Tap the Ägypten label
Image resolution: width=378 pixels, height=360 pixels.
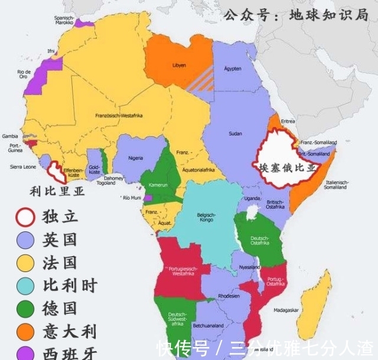233,69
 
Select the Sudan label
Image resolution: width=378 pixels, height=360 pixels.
234,133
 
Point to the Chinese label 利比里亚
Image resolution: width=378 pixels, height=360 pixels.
57,191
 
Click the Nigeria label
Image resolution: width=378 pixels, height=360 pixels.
136,158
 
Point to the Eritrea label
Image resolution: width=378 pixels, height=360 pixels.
288,121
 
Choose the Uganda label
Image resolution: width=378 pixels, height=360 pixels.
252,198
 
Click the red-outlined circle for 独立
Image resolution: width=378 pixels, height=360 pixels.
25,216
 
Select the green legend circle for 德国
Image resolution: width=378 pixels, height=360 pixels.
25,308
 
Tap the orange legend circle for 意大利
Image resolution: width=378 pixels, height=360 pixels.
25,331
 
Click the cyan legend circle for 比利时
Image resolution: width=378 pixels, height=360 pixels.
25,286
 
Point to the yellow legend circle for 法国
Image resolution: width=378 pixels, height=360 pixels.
25,263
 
